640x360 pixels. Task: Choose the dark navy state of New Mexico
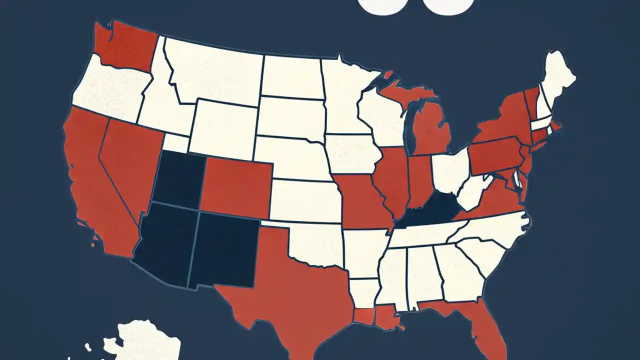pos(225,250)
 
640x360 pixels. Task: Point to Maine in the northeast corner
pos(557,80)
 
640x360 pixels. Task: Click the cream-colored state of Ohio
pos(450,175)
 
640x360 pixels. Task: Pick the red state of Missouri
pos(362,200)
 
